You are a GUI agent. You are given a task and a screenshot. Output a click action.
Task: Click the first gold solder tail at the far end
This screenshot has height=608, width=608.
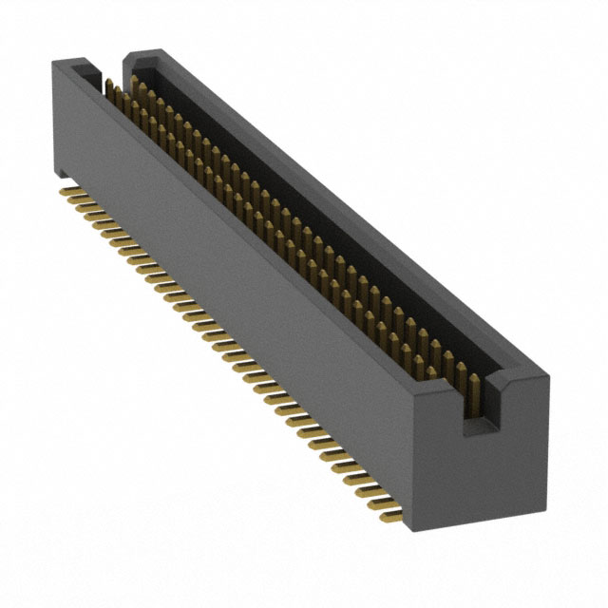coord(68,192)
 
